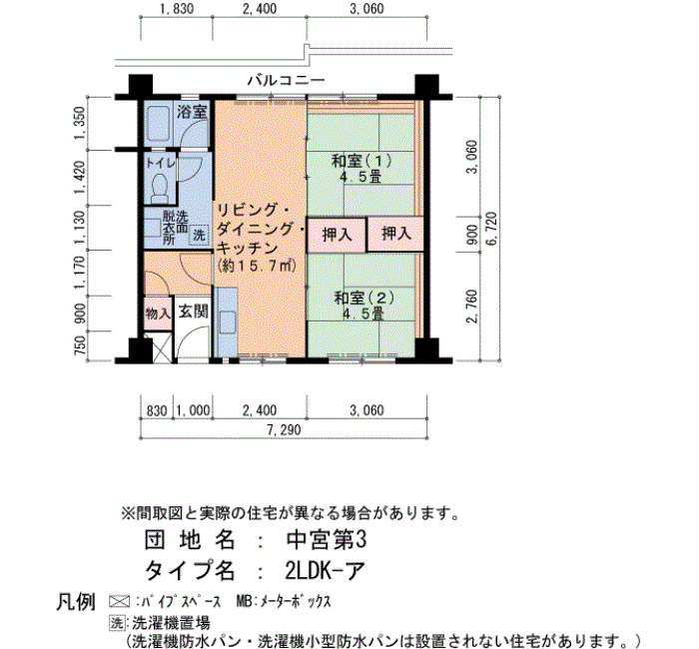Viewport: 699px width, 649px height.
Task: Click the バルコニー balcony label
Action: pos(287,80)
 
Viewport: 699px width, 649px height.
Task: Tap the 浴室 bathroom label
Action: pos(192,112)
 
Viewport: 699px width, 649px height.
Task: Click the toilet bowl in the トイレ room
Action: pos(159,188)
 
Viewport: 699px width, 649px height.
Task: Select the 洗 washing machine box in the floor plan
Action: pos(199,234)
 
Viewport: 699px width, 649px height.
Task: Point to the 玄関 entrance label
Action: pos(193,312)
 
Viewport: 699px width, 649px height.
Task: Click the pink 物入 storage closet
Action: pos(158,313)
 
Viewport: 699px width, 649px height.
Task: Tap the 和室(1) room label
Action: pos(361,168)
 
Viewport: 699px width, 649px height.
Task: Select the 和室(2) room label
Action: pos(364,306)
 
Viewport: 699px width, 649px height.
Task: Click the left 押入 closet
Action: pos(337,235)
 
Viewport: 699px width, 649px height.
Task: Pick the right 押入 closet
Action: pos(395,235)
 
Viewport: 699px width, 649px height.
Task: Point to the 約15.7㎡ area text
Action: pos(258,267)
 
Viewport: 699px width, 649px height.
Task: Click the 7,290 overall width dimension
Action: pos(284,429)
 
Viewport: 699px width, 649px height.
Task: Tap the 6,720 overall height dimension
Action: pos(491,229)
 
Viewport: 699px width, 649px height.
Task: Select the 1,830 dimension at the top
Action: pos(177,8)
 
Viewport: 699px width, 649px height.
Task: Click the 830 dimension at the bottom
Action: pos(157,410)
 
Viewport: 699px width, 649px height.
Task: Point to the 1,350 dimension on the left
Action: pos(79,123)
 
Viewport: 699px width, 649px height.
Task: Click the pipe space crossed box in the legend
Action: pos(120,601)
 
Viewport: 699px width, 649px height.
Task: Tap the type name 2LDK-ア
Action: pos(326,570)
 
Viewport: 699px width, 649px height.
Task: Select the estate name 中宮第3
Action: pos(326,540)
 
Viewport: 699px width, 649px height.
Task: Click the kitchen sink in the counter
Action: pos(227,322)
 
